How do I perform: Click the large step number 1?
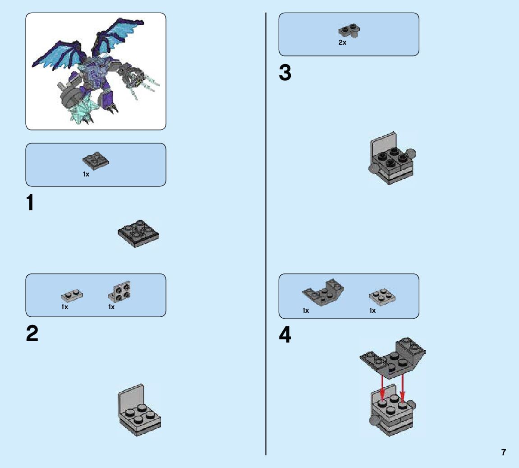coord(30,204)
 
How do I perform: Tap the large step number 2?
coord(32,334)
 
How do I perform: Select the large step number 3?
coord(285,73)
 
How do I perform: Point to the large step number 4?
coord(285,335)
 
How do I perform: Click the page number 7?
coord(504,452)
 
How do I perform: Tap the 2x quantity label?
coord(342,43)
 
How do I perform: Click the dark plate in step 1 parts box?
coord(96,161)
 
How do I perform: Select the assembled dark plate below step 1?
coord(138,234)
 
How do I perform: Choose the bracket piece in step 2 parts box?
coord(119,291)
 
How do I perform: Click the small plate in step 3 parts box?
coord(349,31)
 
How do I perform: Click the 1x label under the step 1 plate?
coord(86,174)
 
